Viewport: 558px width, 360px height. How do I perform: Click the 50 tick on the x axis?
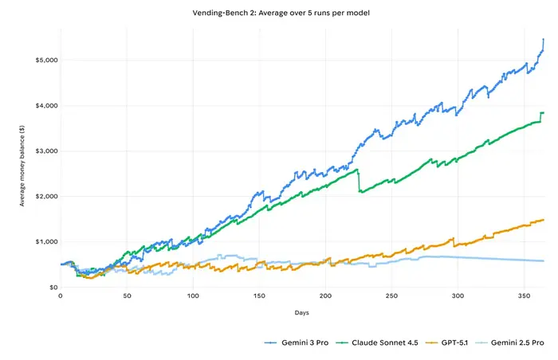pos(127,296)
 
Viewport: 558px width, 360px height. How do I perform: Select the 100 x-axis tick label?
pos(193,296)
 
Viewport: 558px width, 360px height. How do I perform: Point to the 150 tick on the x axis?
pos(259,296)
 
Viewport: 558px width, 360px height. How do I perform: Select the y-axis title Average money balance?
pos(22,173)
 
